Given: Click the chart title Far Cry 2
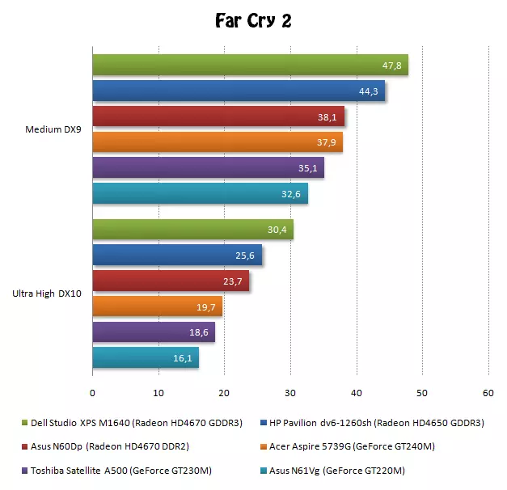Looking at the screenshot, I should pyautogui.click(x=253, y=20).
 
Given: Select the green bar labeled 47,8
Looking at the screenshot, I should pyautogui.click(x=250, y=65).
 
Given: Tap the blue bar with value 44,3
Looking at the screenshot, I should pyautogui.click(x=239, y=91).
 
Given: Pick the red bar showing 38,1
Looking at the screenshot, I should pyautogui.click(x=218, y=116).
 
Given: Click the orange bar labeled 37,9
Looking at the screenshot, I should pyautogui.click(x=218, y=142).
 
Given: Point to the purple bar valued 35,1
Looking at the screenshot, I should pyautogui.click(x=208, y=167).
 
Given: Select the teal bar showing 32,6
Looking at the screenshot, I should pyautogui.click(x=200, y=193).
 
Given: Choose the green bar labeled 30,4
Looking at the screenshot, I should pyautogui.click(x=192, y=230).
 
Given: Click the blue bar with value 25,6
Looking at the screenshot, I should pyautogui.click(x=177, y=256).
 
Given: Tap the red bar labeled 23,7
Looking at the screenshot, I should pyautogui.click(x=171, y=281).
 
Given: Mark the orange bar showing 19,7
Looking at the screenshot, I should pyautogui.click(x=157, y=306).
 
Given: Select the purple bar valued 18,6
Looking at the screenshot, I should pyautogui.click(x=154, y=332).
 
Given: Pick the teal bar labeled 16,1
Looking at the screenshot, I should pyautogui.click(x=146, y=357).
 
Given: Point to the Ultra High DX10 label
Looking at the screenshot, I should pyautogui.click(x=46, y=294).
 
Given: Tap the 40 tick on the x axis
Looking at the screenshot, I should pyautogui.click(x=356, y=393).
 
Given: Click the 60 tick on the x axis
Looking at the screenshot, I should pyautogui.click(x=488, y=393).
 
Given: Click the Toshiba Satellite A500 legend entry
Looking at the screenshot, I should pyautogui.click(x=118, y=471).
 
